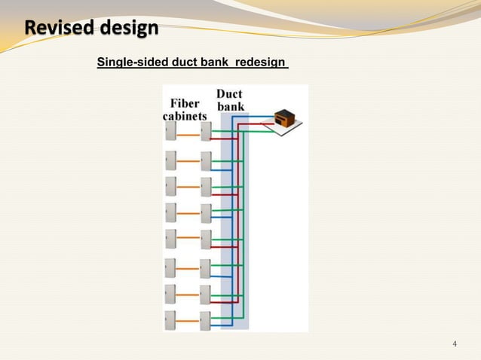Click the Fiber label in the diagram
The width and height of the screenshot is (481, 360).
click(185, 103)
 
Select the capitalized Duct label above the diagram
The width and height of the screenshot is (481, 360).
click(229, 93)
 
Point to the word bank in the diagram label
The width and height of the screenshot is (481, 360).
click(230, 106)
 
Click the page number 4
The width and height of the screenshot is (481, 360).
click(454, 344)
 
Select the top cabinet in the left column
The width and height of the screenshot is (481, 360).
click(170, 132)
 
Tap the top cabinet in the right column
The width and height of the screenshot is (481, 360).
click(206, 132)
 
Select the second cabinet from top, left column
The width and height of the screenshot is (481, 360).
click(170, 160)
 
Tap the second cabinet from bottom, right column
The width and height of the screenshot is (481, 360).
click(206, 294)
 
